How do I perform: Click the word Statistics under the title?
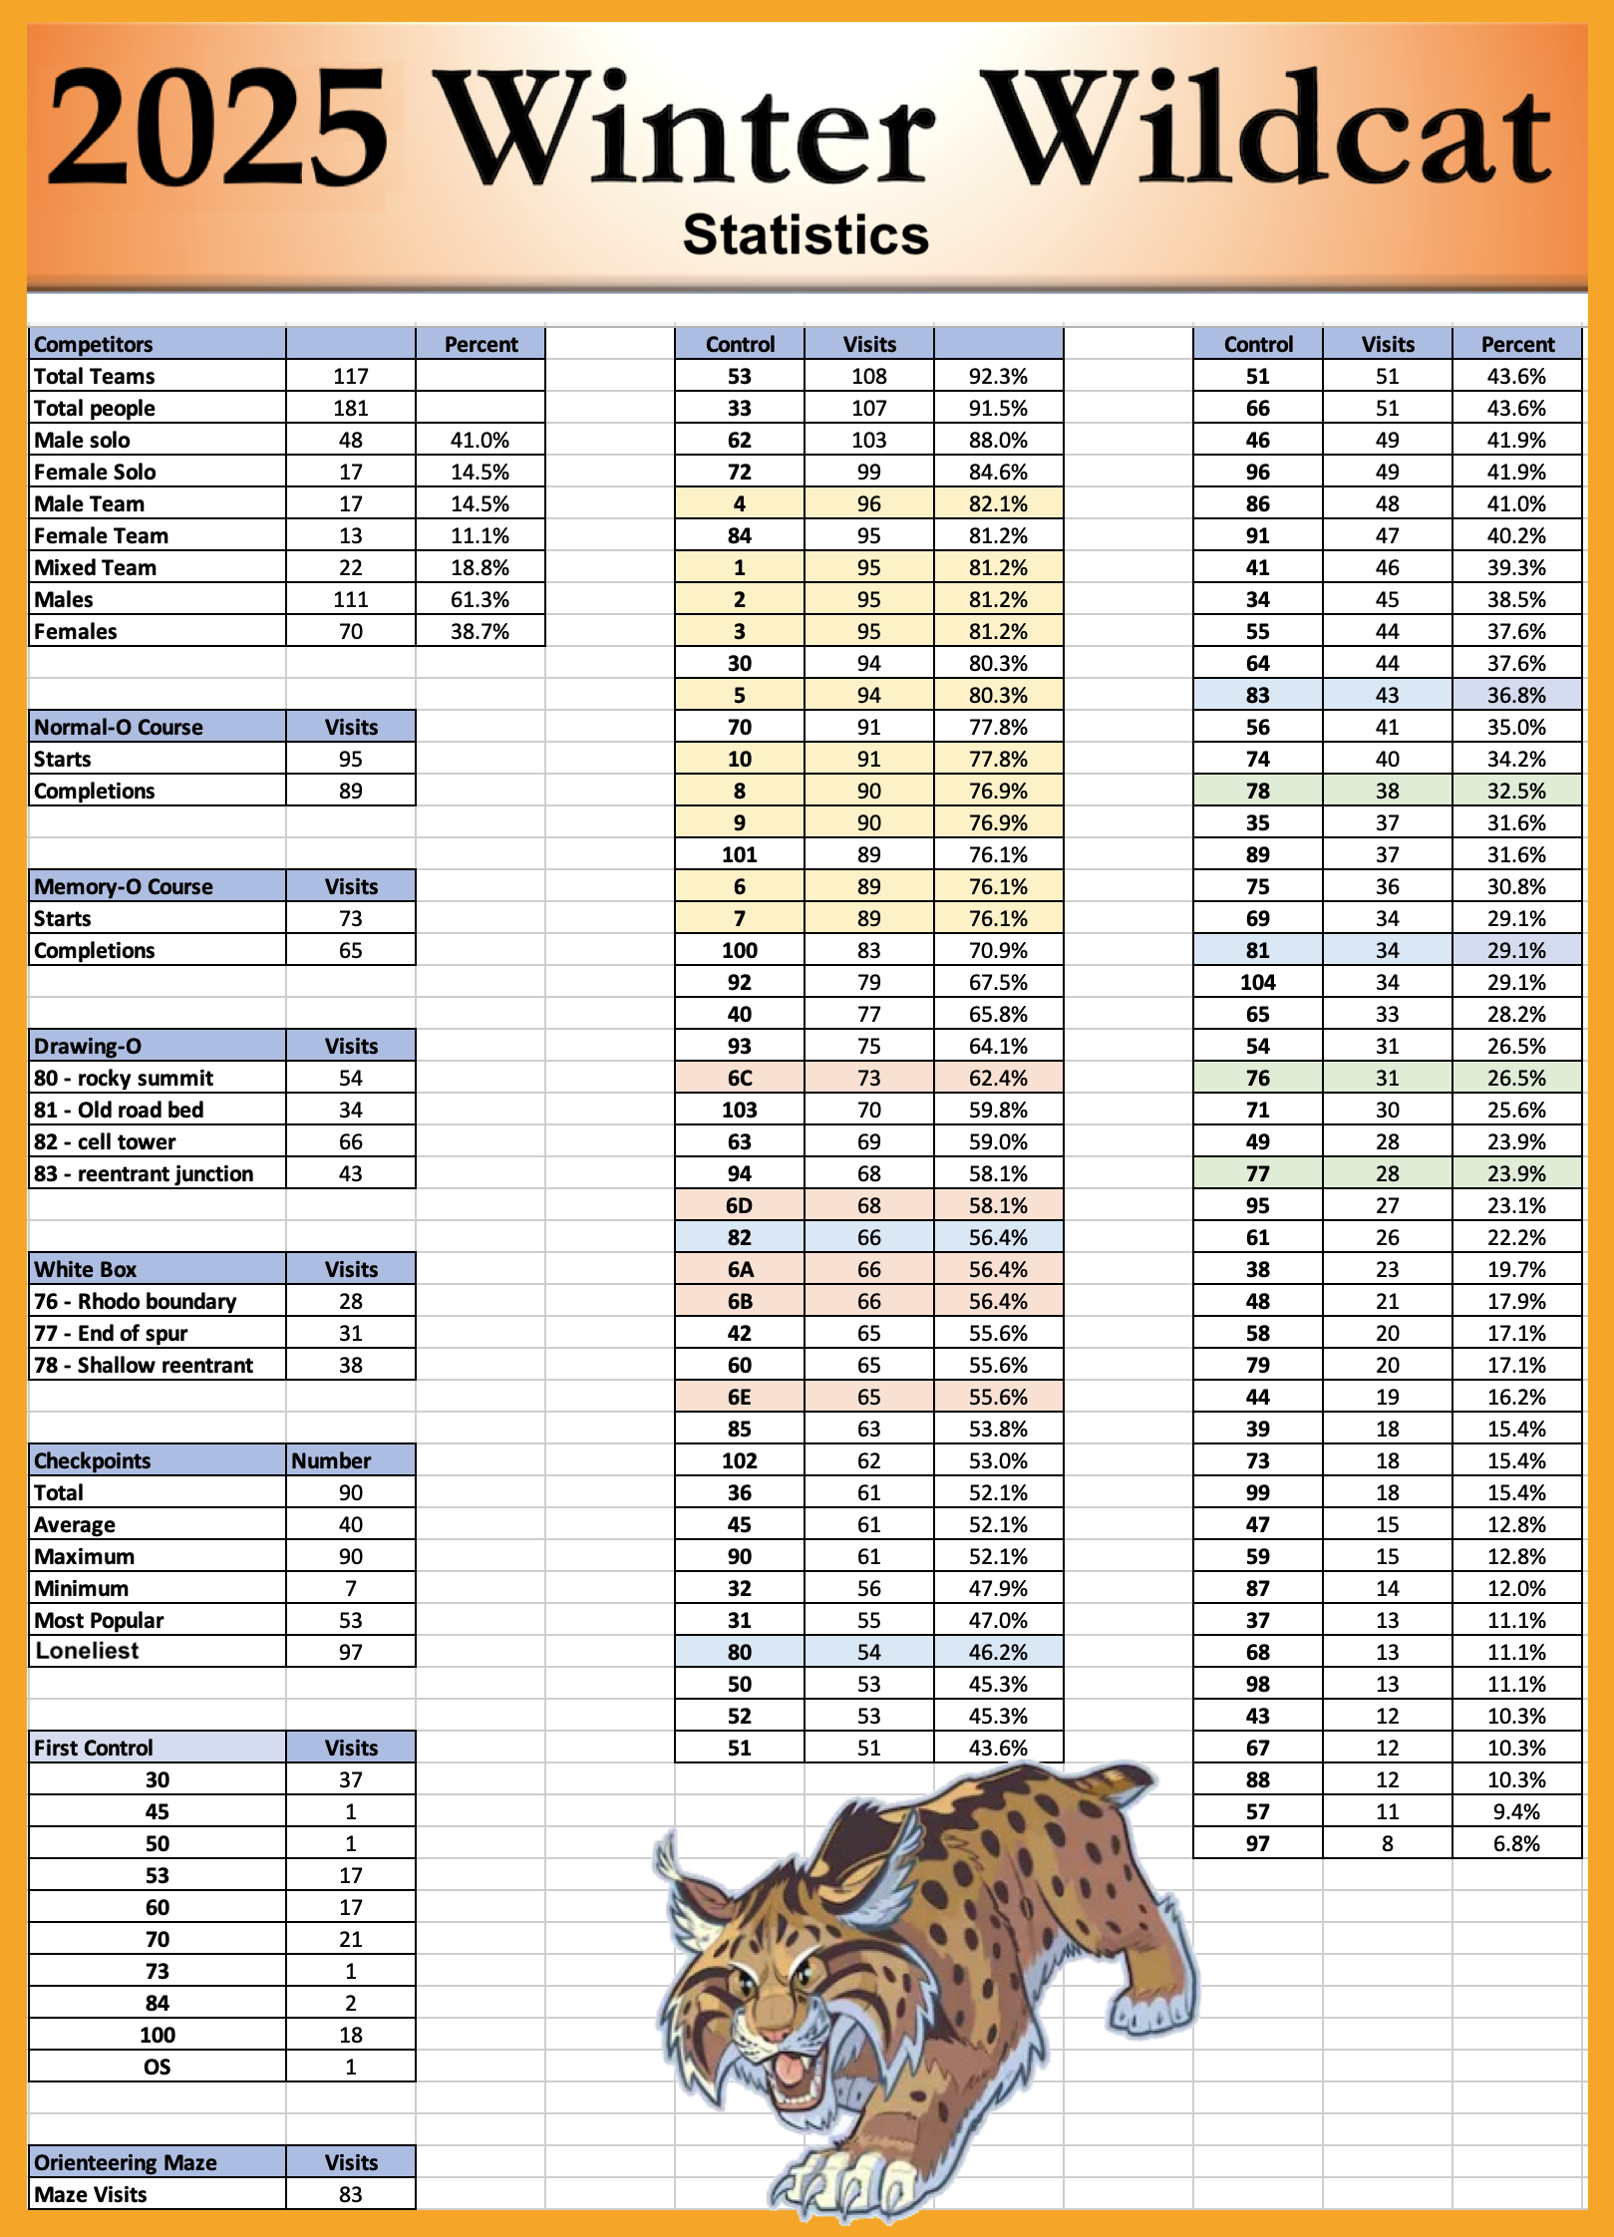tap(806, 236)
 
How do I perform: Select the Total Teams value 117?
tap(351, 376)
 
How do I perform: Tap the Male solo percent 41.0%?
tap(480, 440)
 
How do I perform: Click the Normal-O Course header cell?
tap(118, 727)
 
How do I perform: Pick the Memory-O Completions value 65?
tap(351, 950)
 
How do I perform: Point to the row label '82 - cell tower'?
tap(105, 1141)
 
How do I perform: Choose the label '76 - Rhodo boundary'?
tap(135, 1301)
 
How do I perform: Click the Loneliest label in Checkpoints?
tap(87, 1651)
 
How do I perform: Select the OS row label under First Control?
tap(158, 2067)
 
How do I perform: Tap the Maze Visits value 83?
tap(351, 2194)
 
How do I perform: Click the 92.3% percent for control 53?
tap(998, 376)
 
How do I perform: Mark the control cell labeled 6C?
tap(740, 1078)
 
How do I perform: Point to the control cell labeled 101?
tap(740, 854)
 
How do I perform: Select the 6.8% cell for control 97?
tap(1516, 1843)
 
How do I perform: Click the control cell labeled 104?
tap(1258, 982)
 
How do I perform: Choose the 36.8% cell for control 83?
tap(1516, 695)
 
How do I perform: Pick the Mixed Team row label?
tap(95, 567)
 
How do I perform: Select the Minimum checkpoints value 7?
tap(351, 1588)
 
